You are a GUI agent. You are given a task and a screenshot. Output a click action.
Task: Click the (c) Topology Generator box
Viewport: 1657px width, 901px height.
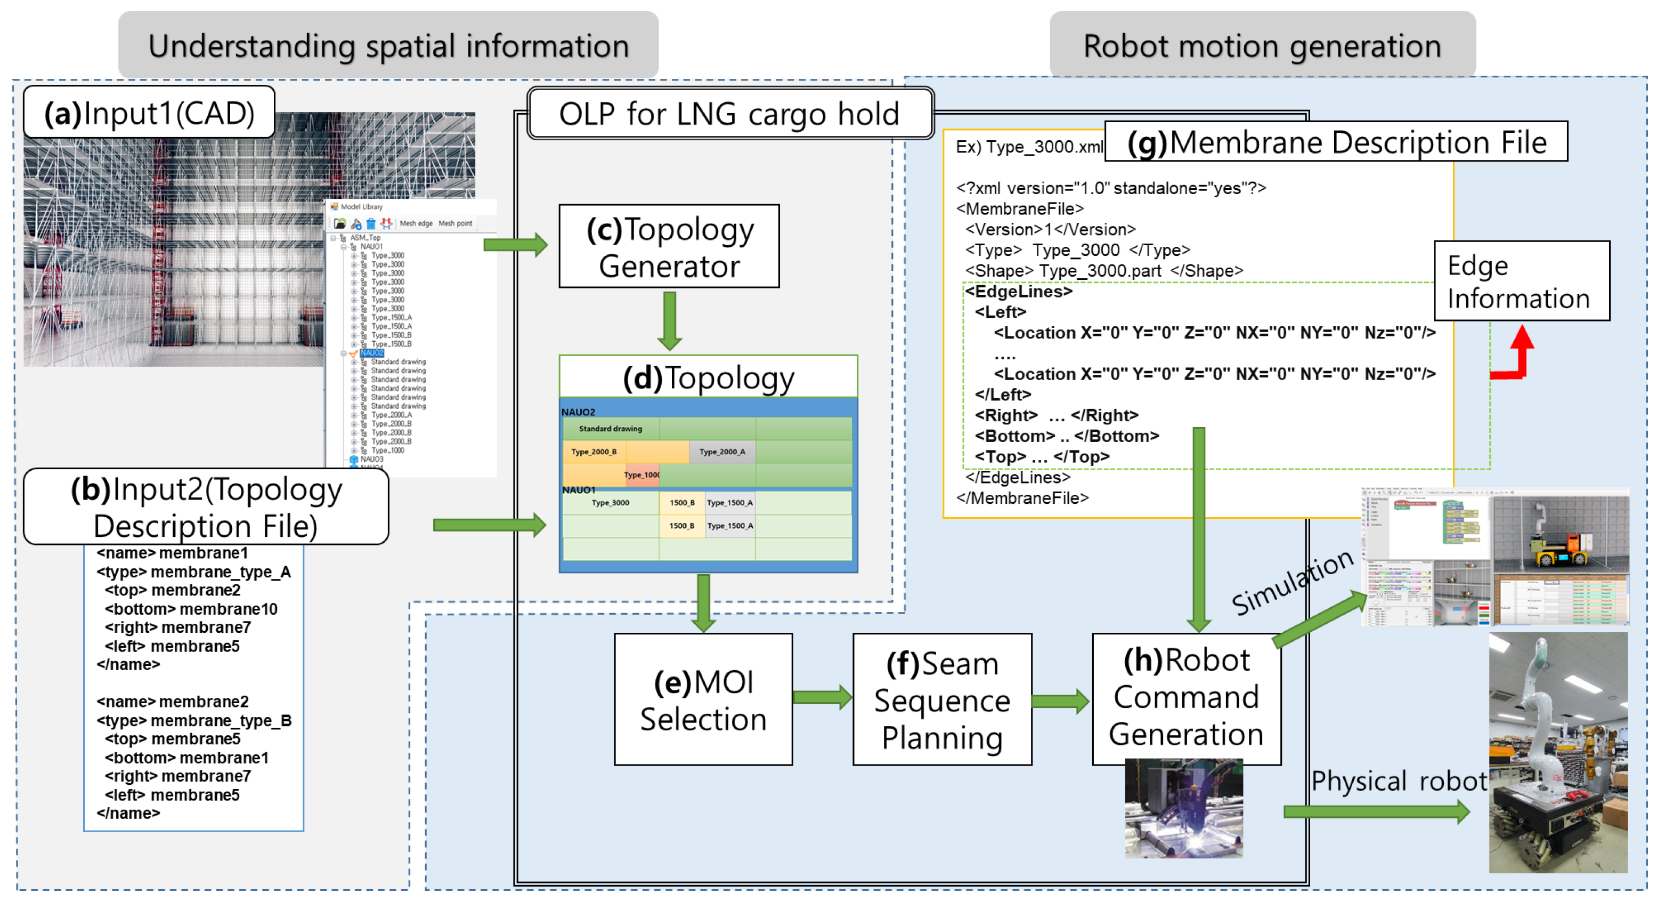point(669,246)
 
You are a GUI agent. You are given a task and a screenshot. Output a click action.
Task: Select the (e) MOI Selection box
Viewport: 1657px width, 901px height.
point(703,699)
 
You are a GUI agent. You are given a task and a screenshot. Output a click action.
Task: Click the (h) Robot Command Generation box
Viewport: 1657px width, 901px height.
point(1186,698)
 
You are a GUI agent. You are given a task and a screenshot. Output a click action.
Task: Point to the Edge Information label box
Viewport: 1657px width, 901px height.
point(1521,281)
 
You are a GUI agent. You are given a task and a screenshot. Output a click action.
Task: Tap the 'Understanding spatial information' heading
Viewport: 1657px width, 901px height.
point(388,46)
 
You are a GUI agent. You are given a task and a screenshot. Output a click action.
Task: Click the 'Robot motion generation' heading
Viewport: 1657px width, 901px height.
point(1262,46)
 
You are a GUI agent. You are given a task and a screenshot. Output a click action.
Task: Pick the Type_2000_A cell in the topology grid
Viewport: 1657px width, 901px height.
point(722,452)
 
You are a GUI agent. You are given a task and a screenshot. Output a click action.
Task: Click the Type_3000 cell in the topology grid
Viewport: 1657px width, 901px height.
point(610,503)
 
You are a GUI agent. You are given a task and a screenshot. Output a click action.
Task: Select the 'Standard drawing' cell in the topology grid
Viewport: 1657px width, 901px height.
point(610,429)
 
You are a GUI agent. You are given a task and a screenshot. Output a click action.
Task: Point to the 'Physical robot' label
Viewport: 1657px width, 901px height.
point(1399,781)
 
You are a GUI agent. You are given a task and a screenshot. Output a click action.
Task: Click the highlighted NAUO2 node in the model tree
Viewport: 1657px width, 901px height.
point(371,353)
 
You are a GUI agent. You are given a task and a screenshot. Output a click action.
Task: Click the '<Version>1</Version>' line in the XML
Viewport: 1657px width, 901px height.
point(1050,230)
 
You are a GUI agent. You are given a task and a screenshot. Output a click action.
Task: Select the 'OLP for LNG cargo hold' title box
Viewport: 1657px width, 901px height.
point(729,115)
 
